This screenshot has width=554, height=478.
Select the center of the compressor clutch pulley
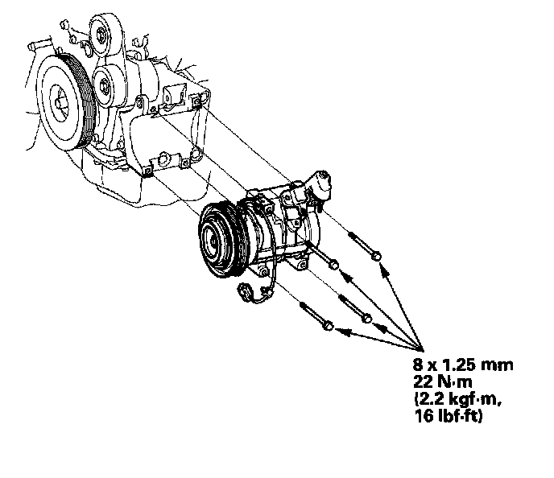[213, 241]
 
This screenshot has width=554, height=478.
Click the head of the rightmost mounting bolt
[378, 256]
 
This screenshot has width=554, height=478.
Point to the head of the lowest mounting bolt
[329, 326]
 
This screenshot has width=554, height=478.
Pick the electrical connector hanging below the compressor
[245, 292]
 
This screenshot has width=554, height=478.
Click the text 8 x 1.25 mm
[463, 364]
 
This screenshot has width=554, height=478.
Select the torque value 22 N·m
[442, 381]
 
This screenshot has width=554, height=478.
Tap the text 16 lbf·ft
[448, 416]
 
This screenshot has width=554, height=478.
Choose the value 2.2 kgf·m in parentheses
[458, 399]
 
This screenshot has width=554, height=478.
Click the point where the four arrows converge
[423, 350]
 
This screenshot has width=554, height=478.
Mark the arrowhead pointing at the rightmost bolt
[384, 269]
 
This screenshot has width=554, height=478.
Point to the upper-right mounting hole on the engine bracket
[196, 102]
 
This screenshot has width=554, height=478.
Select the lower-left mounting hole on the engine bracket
[147, 171]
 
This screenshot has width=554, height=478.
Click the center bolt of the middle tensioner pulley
[105, 86]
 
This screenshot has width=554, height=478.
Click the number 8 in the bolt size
[419, 364]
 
